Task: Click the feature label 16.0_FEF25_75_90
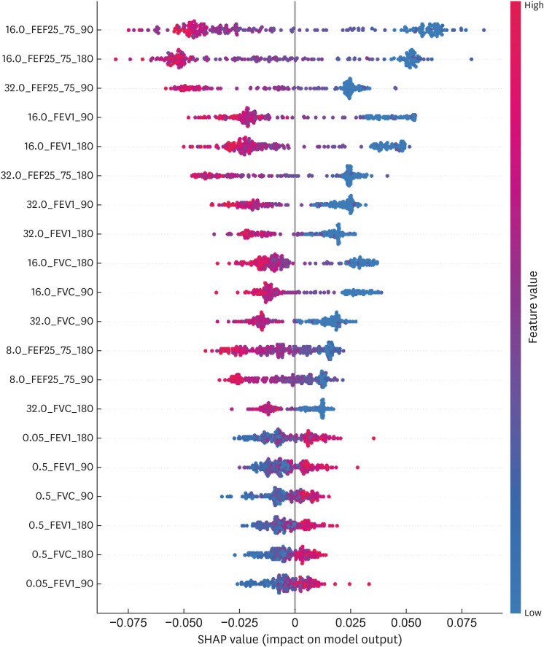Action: tap(53, 30)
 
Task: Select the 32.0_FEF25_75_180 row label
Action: tap(50, 176)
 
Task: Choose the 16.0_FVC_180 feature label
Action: tap(64, 263)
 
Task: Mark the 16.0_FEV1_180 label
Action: tap(63, 147)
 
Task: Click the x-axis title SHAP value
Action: tap(299, 639)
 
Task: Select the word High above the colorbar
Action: tap(532, 5)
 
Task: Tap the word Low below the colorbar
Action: tap(532, 613)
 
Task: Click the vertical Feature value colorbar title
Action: tap(533, 307)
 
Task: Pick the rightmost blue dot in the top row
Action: tap(483, 30)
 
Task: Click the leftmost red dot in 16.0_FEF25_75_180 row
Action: tap(116, 58)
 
